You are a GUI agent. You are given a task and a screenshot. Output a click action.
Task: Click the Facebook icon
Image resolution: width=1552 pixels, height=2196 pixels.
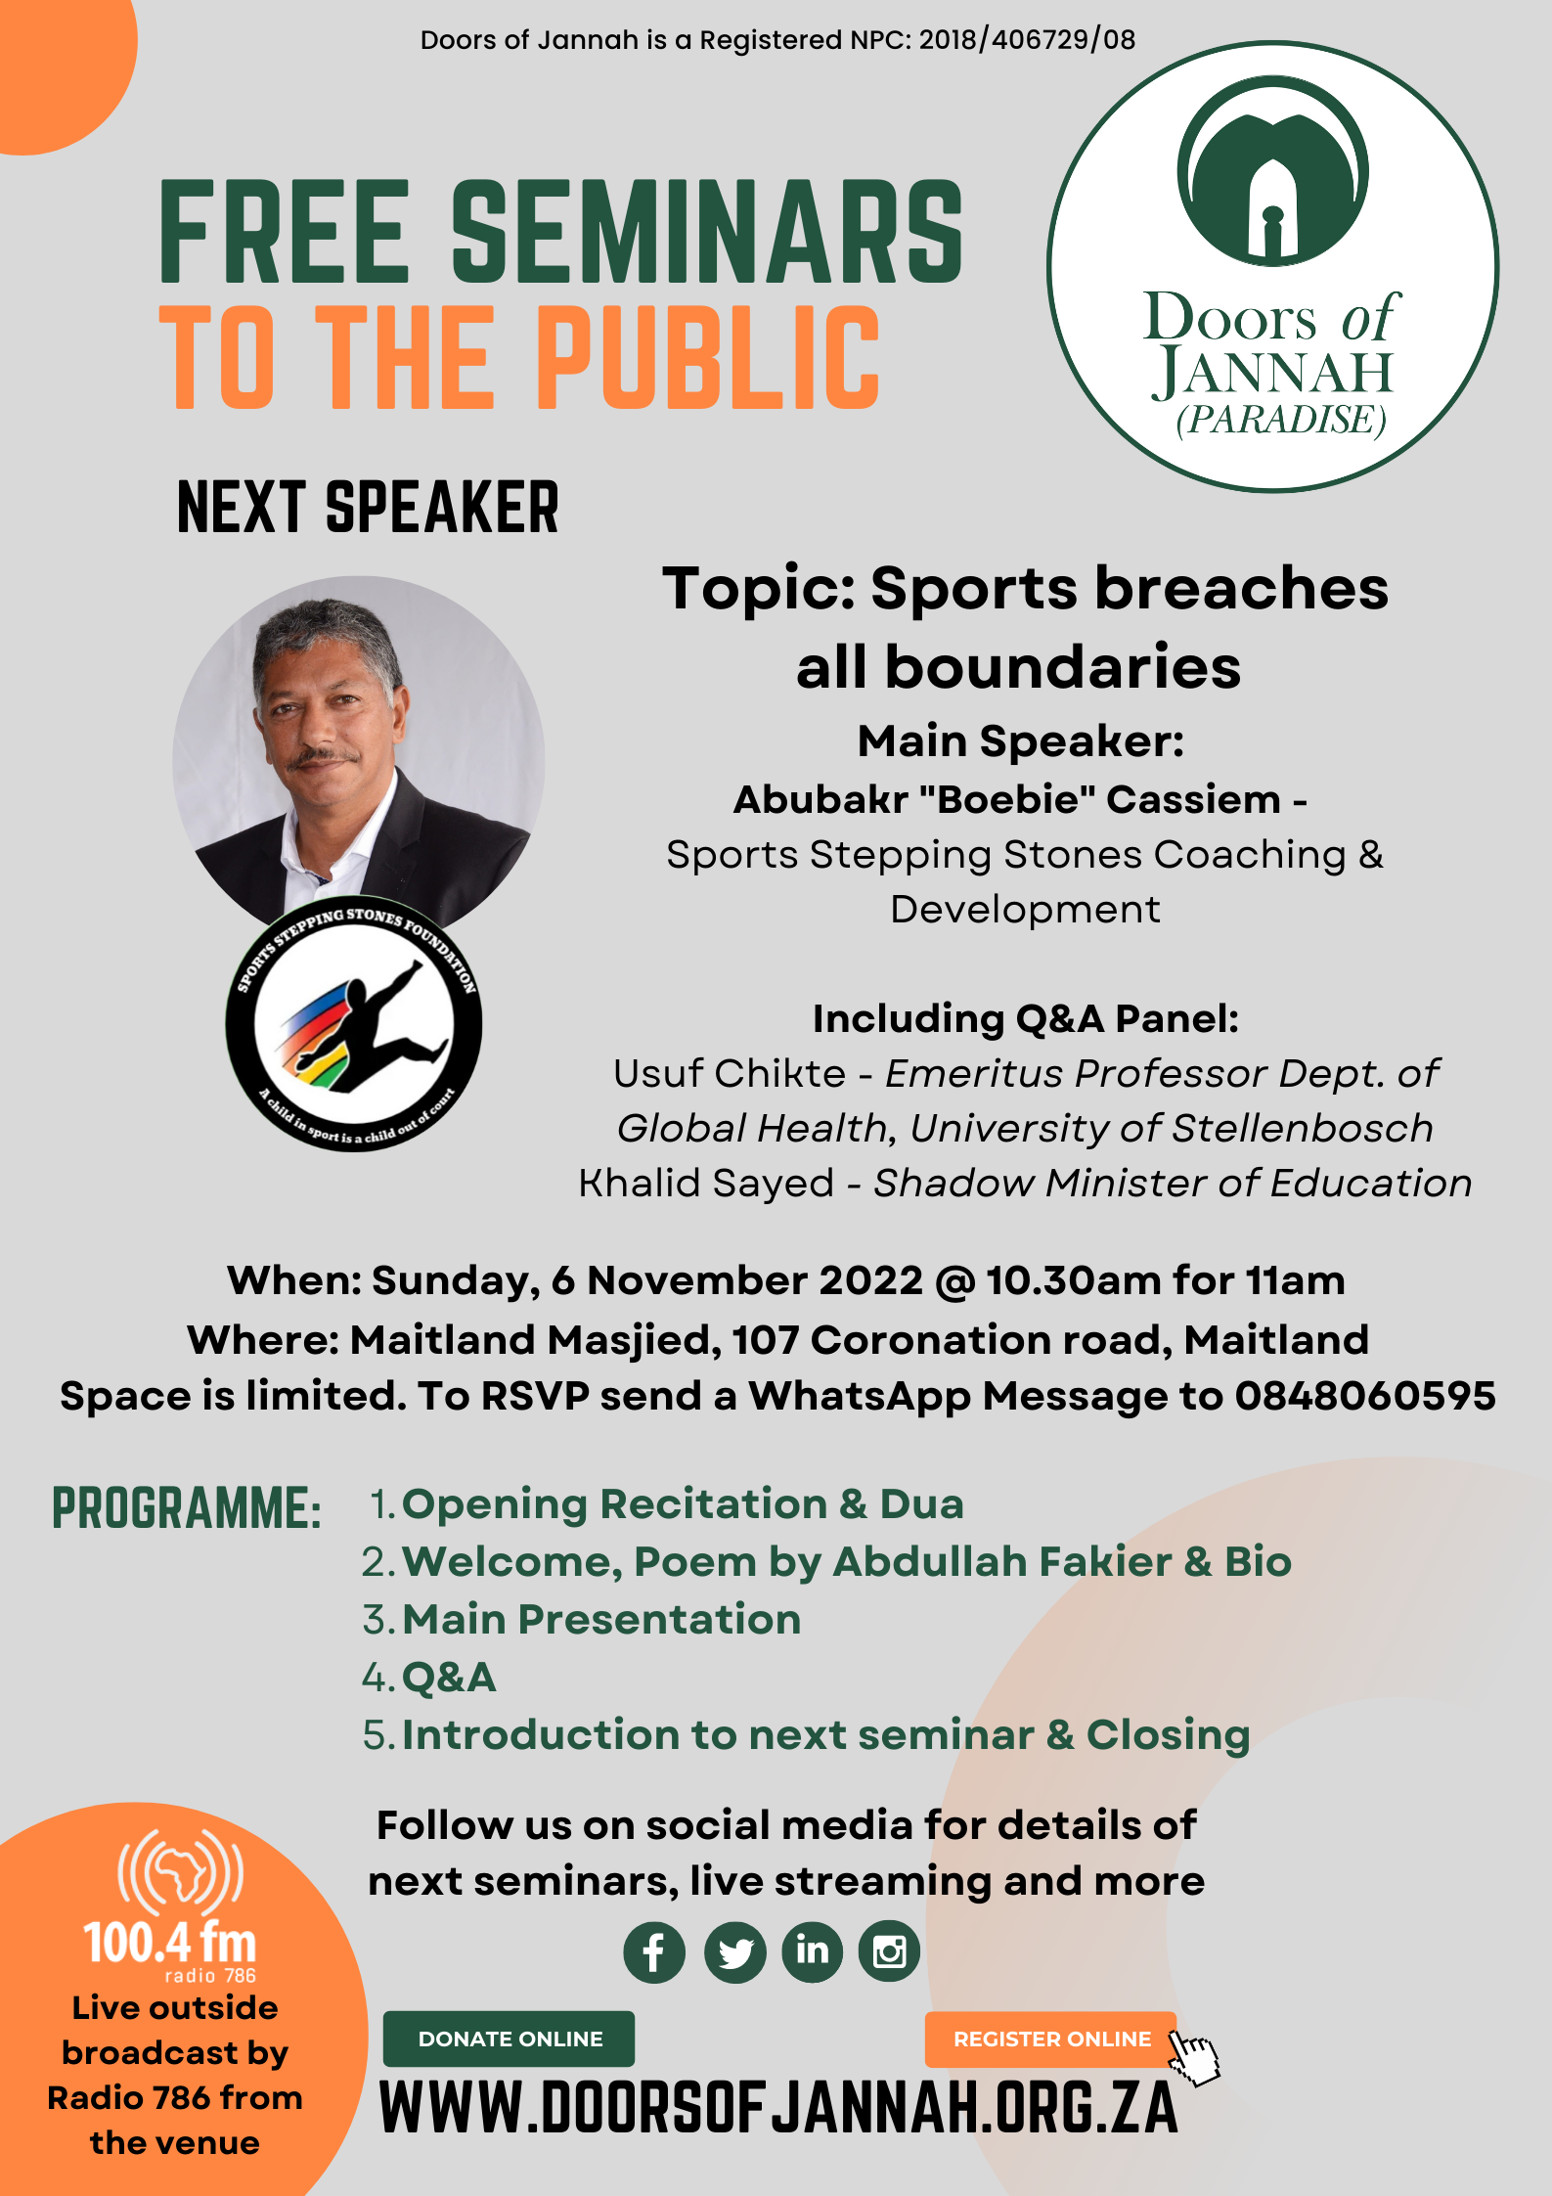coord(654,1952)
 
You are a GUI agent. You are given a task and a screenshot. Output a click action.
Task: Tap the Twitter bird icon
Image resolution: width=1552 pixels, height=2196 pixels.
coord(734,1952)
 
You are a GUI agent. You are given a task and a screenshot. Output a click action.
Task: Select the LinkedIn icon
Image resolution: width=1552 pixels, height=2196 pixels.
coord(812,1952)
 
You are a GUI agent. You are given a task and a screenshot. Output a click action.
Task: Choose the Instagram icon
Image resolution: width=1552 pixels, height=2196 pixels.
coord(889,1952)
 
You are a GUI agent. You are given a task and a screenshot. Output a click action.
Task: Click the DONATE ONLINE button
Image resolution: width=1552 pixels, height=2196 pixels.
coord(509,2039)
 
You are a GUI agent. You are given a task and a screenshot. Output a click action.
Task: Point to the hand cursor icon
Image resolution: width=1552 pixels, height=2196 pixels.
coord(1195,2056)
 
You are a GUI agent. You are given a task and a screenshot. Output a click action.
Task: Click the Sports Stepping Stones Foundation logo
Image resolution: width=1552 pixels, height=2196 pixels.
coord(354,1023)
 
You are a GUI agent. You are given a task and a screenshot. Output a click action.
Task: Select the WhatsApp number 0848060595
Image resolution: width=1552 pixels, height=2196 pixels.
coord(1365,1396)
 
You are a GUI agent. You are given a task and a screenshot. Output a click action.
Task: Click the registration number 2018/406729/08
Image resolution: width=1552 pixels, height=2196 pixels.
coord(1027,40)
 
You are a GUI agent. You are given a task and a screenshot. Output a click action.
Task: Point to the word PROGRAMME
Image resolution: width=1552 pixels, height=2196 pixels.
coord(187,1508)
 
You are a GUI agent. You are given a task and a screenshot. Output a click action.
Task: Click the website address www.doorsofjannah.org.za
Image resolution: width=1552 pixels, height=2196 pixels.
coord(778,2109)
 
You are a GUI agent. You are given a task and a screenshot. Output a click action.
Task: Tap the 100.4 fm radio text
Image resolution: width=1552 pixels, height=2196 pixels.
coord(170,1943)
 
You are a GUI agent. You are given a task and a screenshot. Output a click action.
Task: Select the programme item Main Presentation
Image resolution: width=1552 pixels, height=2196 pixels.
coord(601,1620)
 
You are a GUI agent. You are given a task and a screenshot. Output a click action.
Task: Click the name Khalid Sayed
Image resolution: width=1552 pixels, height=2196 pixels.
coord(706,1184)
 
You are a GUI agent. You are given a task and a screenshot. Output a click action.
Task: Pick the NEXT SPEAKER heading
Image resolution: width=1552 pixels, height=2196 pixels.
coord(368,508)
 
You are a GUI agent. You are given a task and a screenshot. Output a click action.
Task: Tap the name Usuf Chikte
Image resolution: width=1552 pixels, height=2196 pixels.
coord(730,1074)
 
